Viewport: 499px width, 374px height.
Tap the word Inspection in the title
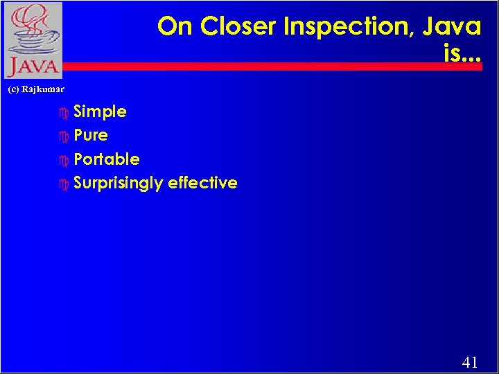pyautogui.click(x=341, y=27)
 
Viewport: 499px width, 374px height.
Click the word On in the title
pyautogui.click(x=174, y=27)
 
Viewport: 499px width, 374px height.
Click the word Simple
pyautogui.click(x=100, y=112)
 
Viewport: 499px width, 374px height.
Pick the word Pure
pyautogui.click(x=91, y=135)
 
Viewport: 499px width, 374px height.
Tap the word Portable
pyautogui.click(x=107, y=159)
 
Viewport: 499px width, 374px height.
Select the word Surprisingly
pyautogui.click(x=118, y=184)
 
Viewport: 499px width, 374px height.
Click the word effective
pyautogui.click(x=202, y=183)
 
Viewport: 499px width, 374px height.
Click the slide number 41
pyautogui.click(x=469, y=362)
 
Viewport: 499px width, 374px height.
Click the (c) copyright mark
pyautogui.click(x=13, y=89)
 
